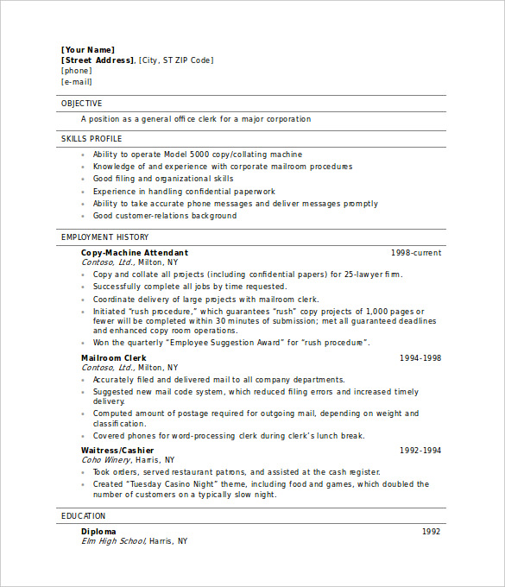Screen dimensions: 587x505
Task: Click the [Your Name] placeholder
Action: pyautogui.click(x=87, y=50)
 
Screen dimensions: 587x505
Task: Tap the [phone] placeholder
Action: pyautogui.click(x=76, y=71)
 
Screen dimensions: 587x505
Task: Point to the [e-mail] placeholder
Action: pyautogui.click(x=76, y=82)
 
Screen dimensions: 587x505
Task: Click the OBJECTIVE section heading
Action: pyautogui.click(x=81, y=104)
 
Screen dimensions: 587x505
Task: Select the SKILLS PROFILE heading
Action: pyautogui.click(x=92, y=139)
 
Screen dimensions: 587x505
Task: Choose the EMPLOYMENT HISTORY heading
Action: pyautogui.click(x=104, y=237)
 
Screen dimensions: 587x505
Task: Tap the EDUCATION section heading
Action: pyautogui.click(x=83, y=516)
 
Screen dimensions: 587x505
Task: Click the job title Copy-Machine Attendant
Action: pyautogui.click(x=135, y=253)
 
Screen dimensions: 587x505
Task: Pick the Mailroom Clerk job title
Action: pyautogui.click(x=114, y=358)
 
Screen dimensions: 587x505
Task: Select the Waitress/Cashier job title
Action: pyautogui.click(x=117, y=451)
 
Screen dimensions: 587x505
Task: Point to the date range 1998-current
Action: pyautogui.click(x=416, y=253)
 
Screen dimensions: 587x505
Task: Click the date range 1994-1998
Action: pyautogui.click(x=420, y=358)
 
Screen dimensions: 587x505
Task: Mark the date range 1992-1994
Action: pyautogui.click(x=420, y=451)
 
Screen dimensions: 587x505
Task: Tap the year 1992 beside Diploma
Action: pyautogui.click(x=431, y=532)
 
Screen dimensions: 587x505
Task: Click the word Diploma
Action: pyautogui.click(x=98, y=532)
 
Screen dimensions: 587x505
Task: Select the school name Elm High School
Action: pyautogui.click(x=113, y=541)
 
